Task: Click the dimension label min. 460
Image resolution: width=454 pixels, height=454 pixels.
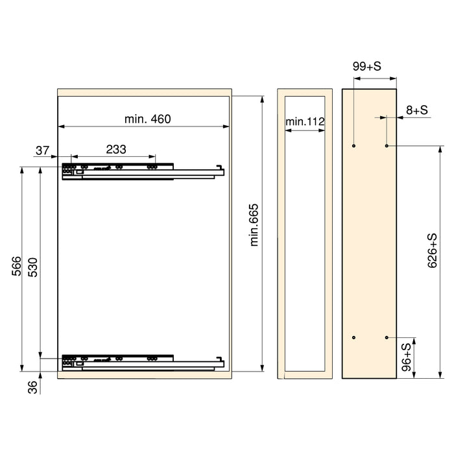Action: point(147,119)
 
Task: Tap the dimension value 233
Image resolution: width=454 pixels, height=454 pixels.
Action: point(115,149)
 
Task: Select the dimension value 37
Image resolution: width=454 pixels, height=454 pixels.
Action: point(43,150)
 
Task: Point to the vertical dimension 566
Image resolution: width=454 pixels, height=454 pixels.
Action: point(18,266)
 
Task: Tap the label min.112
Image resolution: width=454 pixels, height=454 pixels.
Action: point(305,121)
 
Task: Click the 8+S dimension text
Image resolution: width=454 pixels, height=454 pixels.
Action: point(417,110)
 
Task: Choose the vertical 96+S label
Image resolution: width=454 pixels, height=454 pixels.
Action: point(407,357)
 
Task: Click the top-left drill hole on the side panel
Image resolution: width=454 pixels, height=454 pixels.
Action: point(353,146)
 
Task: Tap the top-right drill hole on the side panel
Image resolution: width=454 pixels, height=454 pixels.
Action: point(387,146)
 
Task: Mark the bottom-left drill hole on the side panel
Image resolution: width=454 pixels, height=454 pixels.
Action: point(353,338)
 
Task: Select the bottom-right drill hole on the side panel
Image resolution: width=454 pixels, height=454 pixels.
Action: point(387,338)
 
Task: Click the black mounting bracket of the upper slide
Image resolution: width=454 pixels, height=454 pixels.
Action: point(68,170)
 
